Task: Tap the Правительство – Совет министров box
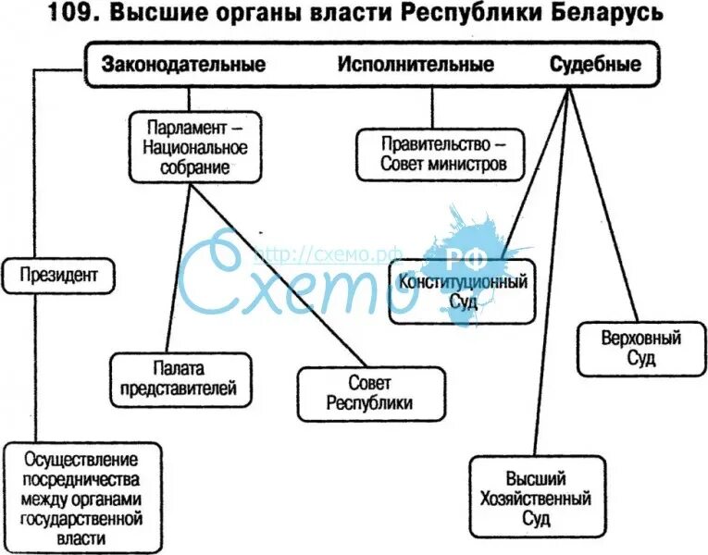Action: (441, 155)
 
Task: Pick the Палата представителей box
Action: (179, 378)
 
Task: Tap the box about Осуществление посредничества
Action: (81, 499)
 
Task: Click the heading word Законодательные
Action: (183, 65)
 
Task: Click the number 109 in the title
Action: (67, 17)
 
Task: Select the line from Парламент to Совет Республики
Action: (278, 277)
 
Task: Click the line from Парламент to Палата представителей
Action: (176, 268)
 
